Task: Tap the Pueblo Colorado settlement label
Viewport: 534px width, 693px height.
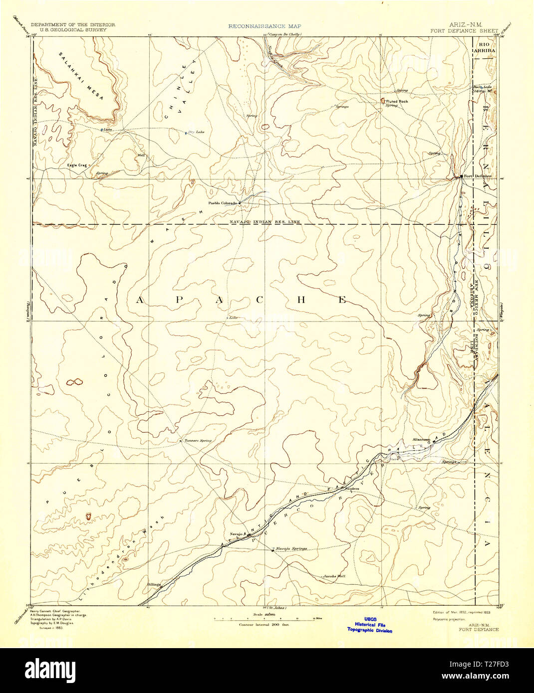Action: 222,203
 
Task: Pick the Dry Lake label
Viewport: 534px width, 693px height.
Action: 197,132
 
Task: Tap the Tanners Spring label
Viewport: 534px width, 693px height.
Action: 198,441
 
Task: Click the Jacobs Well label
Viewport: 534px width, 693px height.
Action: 333,576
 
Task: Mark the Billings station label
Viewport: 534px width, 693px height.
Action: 154,584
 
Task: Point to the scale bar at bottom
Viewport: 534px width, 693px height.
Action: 264,619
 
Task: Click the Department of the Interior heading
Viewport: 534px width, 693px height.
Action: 73,24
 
